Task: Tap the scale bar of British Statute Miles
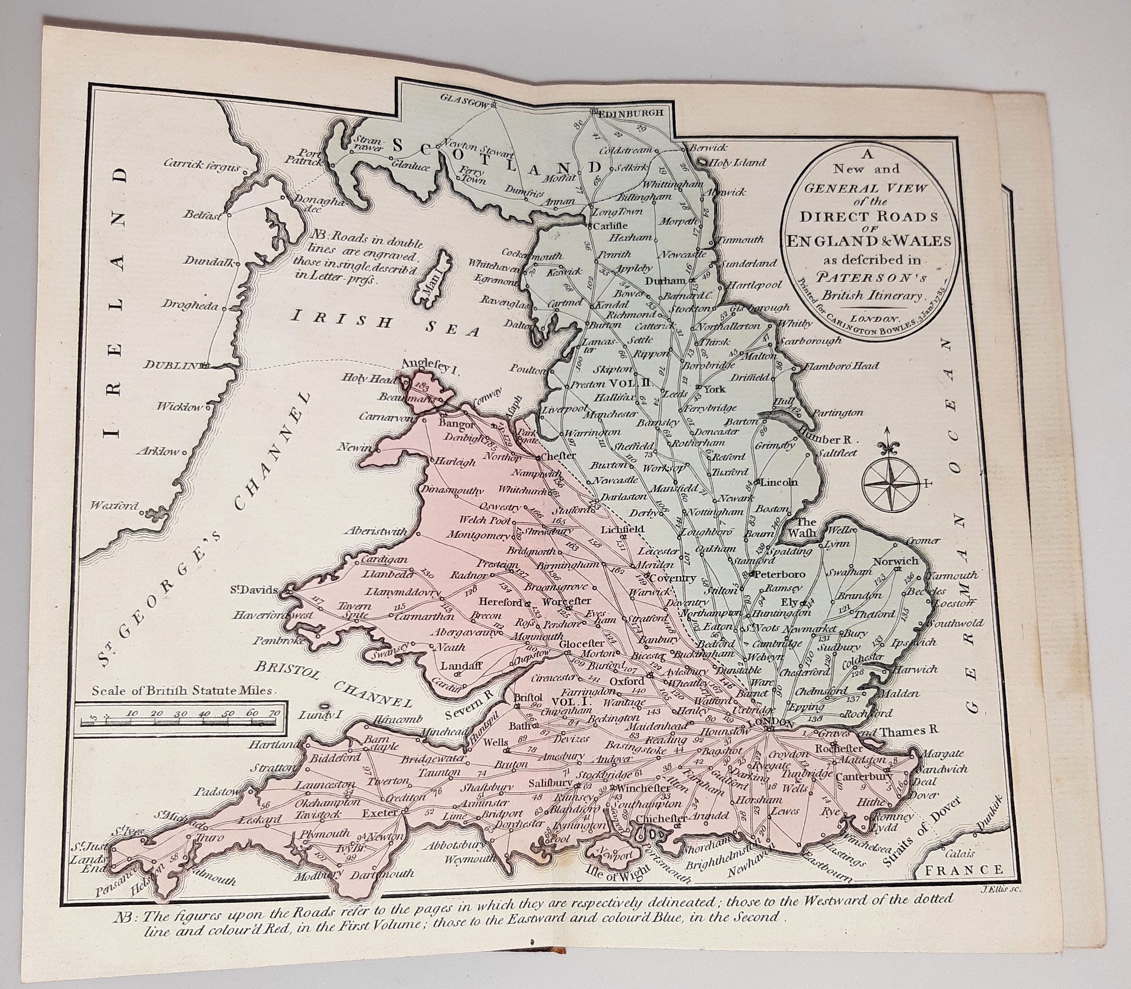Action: point(181,721)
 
